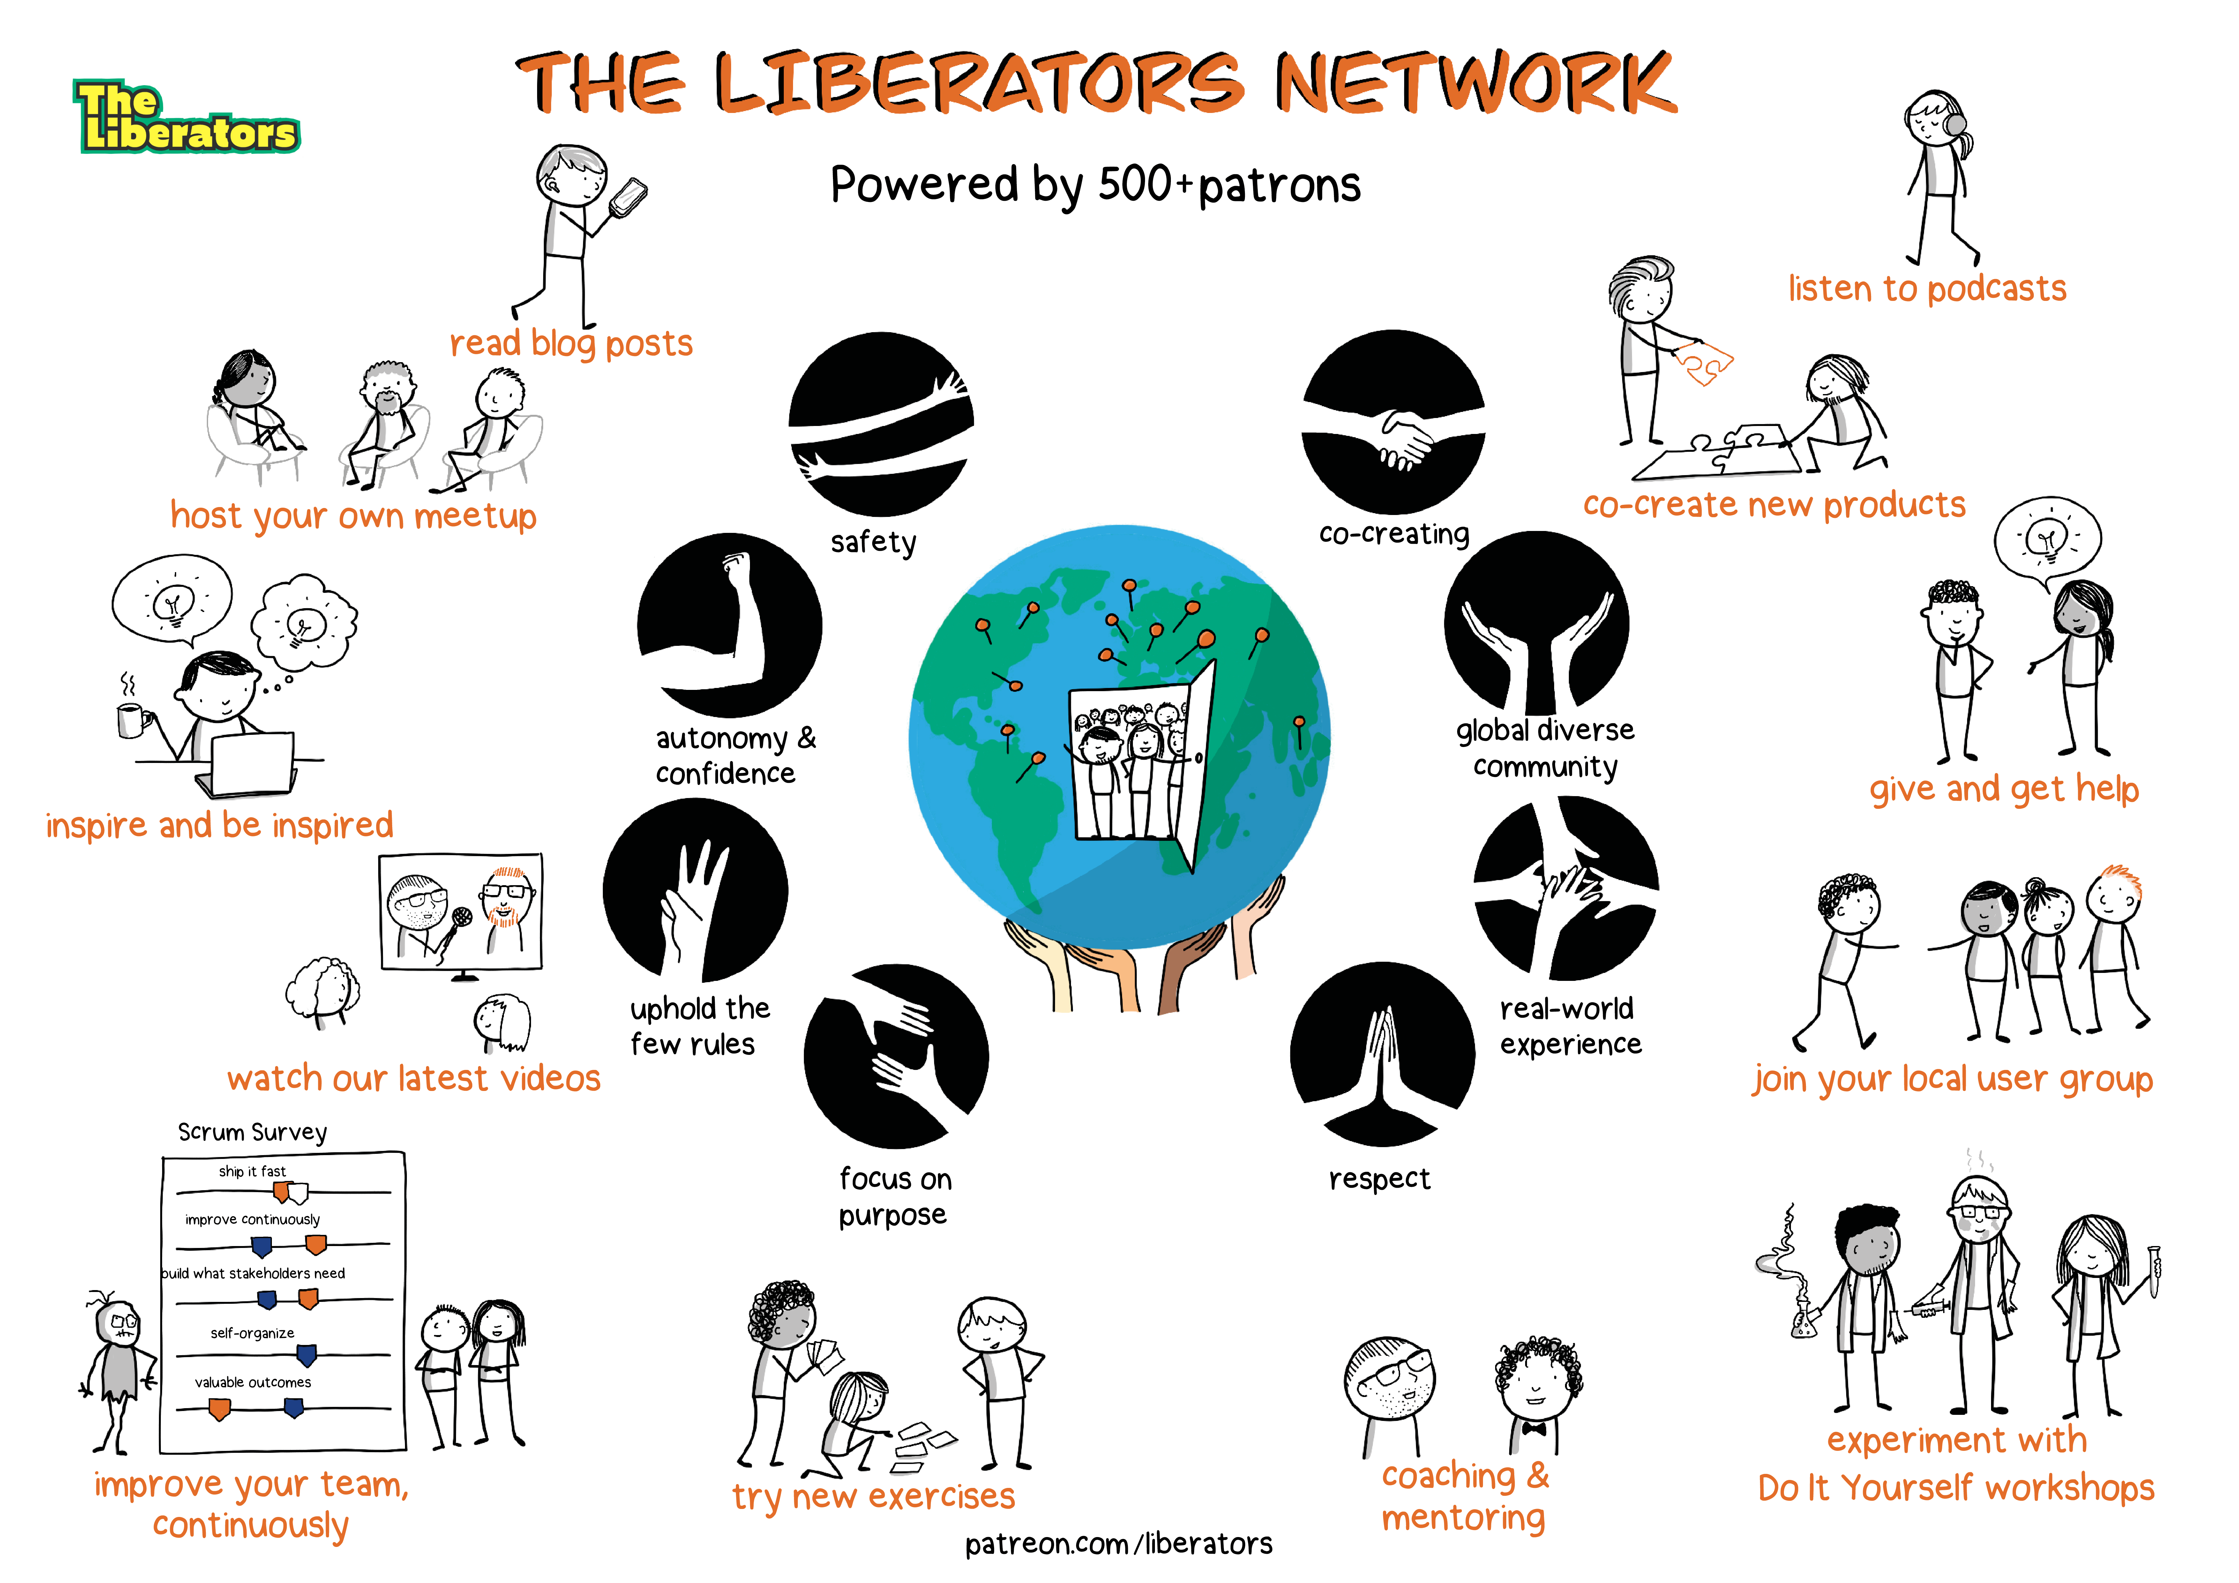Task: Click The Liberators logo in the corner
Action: click(185, 117)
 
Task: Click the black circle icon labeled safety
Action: click(880, 424)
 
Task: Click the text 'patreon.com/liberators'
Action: click(1119, 1544)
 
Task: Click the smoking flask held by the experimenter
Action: click(1803, 1317)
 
